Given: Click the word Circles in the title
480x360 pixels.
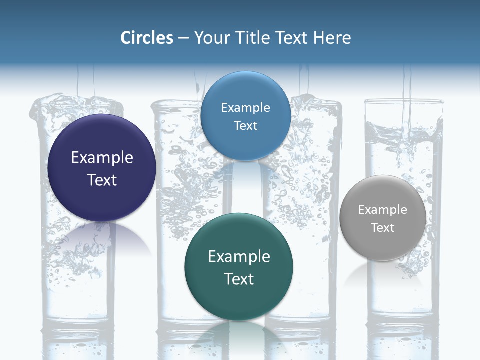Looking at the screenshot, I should tap(146, 38).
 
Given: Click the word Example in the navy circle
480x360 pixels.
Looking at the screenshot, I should tap(102, 158).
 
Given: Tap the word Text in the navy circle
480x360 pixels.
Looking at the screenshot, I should tap(102, 180).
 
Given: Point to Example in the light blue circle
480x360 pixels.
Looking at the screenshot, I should tap(245, 108).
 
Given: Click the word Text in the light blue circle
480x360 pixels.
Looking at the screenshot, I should tap(245, 125).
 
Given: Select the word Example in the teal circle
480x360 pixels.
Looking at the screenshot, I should tap(239, 257).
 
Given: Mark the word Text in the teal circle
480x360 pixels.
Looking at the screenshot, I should tap(239, 279).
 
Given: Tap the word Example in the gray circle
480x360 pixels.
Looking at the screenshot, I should tap(382, 210).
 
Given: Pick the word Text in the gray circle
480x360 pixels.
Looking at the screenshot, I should tap(382, 228).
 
